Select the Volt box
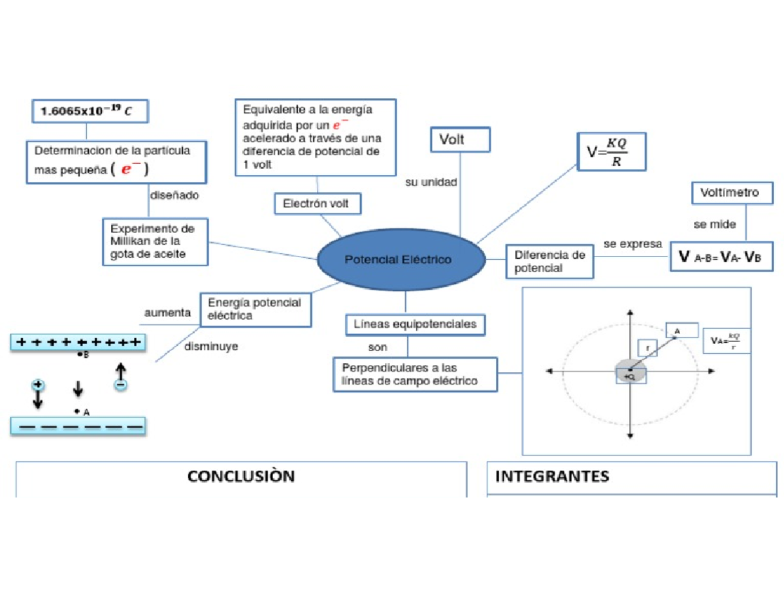point(460,140)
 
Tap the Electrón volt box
point(317,204)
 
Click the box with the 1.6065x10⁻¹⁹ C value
point(91,110)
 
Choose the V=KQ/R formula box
point(612,152)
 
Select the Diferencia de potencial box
point(549,261)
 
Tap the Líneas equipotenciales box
point(415,324)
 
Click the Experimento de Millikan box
point(155,241)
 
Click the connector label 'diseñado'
point(174,194)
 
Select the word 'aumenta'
point(168,313)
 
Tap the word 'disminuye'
point(211,347)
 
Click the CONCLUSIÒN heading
point(241,476)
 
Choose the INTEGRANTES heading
point(552,476)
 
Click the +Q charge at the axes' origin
point(630,375)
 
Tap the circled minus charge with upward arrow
point(121,385)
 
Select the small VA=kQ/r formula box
point(726,341)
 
